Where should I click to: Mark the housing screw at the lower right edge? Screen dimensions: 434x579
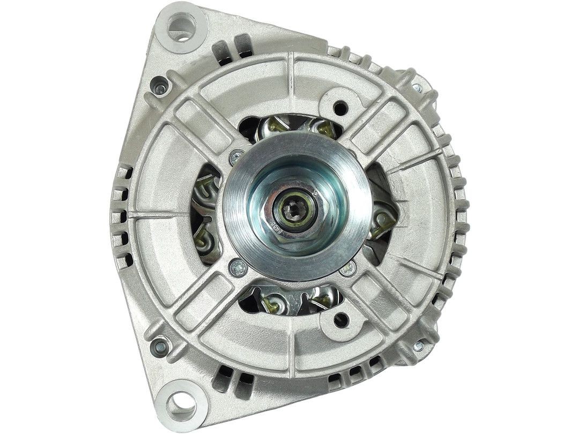(x=418, y=346)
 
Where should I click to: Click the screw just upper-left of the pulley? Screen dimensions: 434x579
(x=234, y=158)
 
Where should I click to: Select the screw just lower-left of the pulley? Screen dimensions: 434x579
(x=237, y=266)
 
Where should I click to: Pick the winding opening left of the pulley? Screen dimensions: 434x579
(x=206, y=214)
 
